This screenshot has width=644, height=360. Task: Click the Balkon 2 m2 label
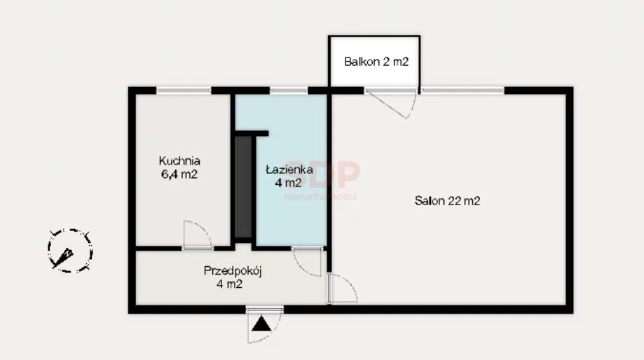point(376,62)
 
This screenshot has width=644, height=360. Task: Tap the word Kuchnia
point(179,160)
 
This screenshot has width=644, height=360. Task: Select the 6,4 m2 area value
point(179,174)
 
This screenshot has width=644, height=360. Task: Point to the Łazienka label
point(289,169)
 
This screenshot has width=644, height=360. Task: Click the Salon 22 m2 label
point(447,201)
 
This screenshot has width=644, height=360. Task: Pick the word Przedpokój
point(233,271)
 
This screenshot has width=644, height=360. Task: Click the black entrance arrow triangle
point(261,324)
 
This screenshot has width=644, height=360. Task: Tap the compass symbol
point(70,251)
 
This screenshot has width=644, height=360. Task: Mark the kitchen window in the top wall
point(184,90)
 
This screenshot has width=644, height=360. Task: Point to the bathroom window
point(289,90)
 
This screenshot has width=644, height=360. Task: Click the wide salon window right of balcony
point(463,90)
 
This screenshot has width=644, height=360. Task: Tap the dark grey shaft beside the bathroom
point(243,187)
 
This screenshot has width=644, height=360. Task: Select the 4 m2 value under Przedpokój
point(230,284)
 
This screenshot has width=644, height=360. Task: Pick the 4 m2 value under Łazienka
point(288,182)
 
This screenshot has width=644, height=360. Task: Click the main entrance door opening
point(264,309)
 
